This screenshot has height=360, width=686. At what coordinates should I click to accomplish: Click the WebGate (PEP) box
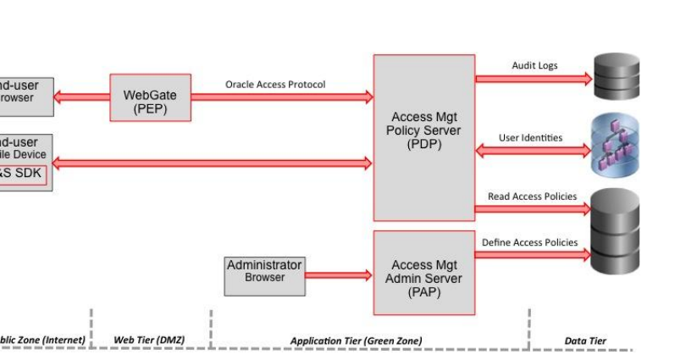(x=150, y=97)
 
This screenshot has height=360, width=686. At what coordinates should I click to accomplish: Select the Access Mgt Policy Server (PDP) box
(x=423, y=136)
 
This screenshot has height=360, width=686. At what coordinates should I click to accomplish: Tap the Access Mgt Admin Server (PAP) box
(x=423, y=272)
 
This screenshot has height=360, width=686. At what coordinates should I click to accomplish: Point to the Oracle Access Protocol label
(x=275, y=85)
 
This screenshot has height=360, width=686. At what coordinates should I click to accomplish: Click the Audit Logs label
(x=534, y=65)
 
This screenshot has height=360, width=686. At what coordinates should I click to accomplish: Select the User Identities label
(x=530, y=137)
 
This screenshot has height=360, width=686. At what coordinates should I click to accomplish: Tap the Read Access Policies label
(x=532, y=197)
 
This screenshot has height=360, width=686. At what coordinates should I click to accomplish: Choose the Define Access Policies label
(x=530, y=242)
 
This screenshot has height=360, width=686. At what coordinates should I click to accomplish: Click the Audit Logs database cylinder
(x=617, y=77)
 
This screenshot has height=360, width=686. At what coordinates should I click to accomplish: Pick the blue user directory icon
(x=615, y=146)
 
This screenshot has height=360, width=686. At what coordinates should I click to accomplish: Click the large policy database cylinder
(x=615, y=230)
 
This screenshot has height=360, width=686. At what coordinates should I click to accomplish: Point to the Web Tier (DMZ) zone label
(x=149, y=340)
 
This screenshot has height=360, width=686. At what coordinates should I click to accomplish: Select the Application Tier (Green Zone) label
(x=356, y=341)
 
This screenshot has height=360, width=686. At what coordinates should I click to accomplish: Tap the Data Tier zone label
(x=585, y=341)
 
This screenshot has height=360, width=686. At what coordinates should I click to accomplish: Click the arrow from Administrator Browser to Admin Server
(x=339, y=275)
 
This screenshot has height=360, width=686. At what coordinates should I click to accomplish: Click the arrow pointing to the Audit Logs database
(x=534, y=79)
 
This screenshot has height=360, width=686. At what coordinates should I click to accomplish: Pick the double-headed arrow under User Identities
(x=534, y=151)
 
